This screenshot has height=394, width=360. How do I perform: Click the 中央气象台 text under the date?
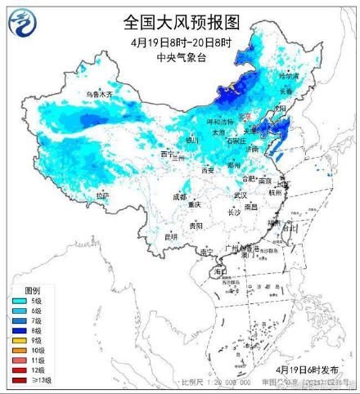tap(182, 56)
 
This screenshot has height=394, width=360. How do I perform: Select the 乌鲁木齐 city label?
tap(99, 95)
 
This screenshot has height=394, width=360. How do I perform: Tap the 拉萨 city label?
tap(101, 196)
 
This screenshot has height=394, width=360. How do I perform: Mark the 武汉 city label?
tap(240, 195)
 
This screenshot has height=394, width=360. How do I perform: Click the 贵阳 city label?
tap(195, 225)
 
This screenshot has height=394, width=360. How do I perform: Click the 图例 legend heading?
tap(33, 290)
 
